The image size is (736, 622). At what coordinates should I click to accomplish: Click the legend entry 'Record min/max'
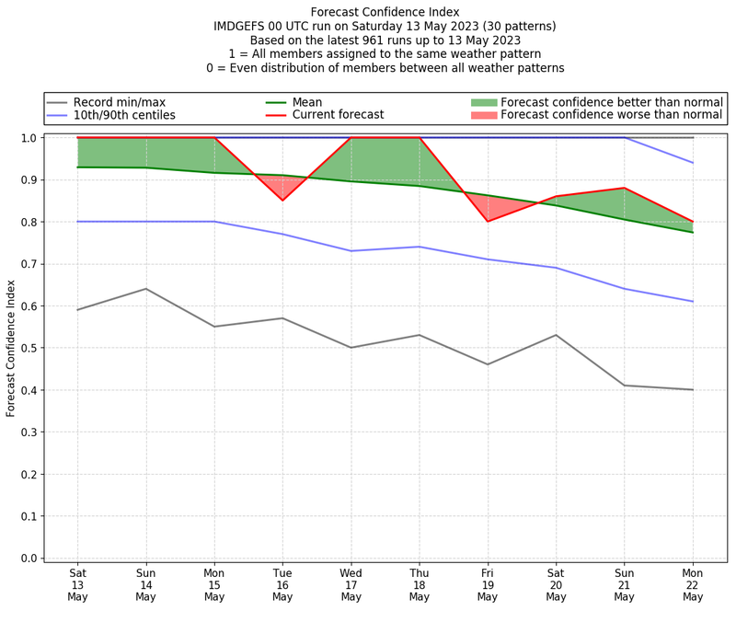119,101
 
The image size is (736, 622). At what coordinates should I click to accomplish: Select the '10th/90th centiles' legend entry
124,115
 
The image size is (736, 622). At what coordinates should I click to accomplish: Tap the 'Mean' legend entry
307,101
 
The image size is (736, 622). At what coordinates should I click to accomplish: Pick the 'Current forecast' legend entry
338,115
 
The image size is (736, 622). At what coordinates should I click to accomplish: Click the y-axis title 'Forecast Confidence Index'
11,347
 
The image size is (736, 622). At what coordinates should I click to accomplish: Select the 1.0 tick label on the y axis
29,138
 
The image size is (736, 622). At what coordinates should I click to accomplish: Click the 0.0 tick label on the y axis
29,559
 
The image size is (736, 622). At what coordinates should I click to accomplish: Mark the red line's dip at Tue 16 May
282,201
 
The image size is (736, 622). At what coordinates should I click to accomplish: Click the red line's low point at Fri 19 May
488,222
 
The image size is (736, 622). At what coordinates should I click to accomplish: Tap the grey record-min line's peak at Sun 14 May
145,289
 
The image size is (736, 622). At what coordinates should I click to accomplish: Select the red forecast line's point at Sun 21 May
625,188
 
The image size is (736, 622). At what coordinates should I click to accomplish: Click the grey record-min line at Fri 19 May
488,364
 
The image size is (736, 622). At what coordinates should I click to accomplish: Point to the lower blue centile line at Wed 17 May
351,251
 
